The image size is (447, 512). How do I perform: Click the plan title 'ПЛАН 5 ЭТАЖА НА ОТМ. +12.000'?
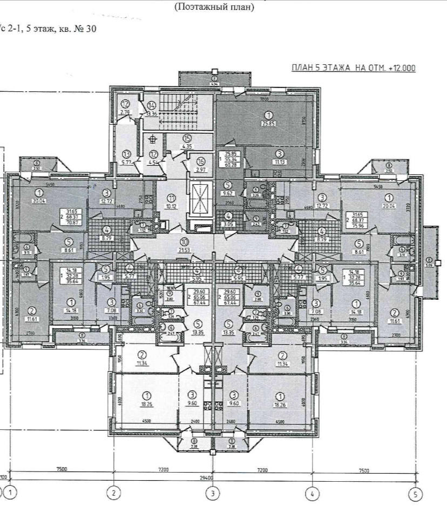353,68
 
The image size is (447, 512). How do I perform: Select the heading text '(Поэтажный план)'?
214,8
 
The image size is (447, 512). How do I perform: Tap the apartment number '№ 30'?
86,29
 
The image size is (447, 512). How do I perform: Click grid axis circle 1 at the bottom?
13,493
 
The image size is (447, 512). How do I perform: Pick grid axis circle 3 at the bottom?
213,493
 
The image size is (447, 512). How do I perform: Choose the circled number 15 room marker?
187,138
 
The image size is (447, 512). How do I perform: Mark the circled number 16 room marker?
201,161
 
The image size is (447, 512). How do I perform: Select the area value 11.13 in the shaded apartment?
279,162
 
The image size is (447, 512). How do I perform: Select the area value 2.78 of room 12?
125,112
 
